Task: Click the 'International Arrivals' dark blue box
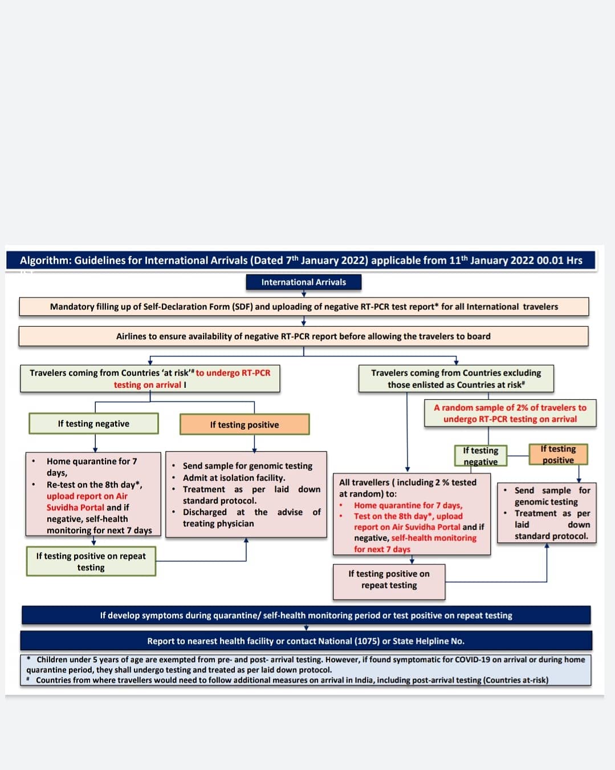coord(303,282)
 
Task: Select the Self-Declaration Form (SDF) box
coord(303,307)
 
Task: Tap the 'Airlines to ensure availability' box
coord(303,337)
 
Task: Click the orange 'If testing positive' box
coord(244,424)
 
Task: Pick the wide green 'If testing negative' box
coord(93,424)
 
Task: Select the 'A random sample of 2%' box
coord(510,414)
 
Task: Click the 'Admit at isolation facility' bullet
coord(234,478)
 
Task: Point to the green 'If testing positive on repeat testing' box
coord(91,562)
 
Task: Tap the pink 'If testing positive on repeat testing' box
coord(389,579)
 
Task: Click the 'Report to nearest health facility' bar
coord(306,641)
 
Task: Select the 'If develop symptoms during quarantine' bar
coord(306,615)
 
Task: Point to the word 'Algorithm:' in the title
coord(46,261)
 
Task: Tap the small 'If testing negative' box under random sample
coord(480,456)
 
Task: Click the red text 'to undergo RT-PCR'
coord(233,373)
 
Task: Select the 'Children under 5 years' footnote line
coord(308,660)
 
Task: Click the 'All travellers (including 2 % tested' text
coord(408,483)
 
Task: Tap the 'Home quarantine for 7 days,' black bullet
coord(91,461)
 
